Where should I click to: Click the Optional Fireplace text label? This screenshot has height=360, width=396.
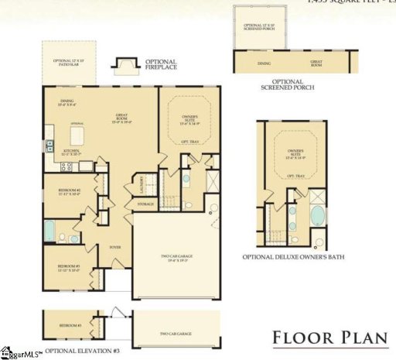point(160,65)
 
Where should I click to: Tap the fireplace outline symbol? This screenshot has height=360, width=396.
point(124,64)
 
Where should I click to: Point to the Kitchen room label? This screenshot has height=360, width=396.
point(71,155)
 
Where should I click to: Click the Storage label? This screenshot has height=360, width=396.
point(145,204)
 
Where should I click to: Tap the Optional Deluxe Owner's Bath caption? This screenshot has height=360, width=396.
point(294,256)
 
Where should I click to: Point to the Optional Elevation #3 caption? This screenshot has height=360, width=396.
point(82,351)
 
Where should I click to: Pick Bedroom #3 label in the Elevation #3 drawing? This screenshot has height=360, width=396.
point(70,326)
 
